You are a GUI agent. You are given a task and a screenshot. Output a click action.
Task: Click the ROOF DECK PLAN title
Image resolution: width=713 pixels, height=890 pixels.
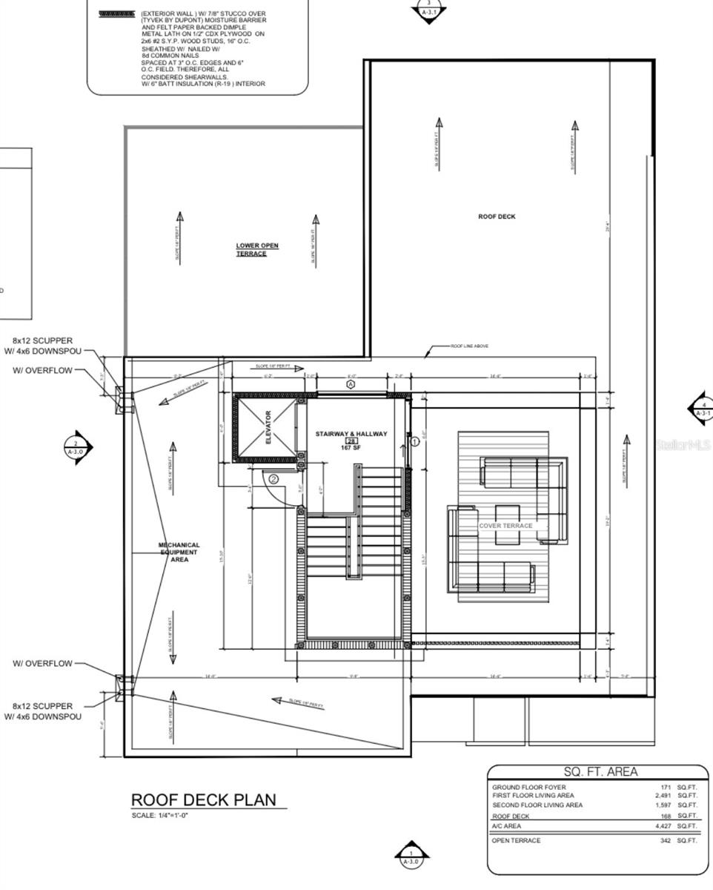203,800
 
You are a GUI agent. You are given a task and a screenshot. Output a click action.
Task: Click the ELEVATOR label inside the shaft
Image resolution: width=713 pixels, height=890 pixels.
269,427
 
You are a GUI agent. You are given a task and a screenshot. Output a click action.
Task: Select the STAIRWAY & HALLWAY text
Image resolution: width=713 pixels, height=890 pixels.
351,434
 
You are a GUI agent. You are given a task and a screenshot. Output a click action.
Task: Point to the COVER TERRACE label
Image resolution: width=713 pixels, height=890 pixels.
505,525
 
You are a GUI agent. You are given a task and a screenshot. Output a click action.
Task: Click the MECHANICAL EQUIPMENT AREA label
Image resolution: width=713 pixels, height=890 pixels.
179,552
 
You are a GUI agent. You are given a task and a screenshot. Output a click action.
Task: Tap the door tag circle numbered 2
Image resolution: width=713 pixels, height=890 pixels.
273,479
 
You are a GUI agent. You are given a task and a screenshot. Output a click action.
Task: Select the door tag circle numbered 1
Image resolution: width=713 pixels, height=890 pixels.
415,441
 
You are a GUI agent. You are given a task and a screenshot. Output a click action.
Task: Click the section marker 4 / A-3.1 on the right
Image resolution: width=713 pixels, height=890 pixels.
702,409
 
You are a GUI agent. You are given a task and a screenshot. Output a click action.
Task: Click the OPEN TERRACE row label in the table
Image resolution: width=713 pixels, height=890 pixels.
516,840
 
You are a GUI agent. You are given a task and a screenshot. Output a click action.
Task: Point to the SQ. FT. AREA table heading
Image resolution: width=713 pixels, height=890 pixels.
600,772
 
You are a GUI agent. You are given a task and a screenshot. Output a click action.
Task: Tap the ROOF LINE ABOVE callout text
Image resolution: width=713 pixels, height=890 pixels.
470,346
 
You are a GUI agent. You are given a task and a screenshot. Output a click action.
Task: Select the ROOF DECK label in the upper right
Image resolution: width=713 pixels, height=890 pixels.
497,217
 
